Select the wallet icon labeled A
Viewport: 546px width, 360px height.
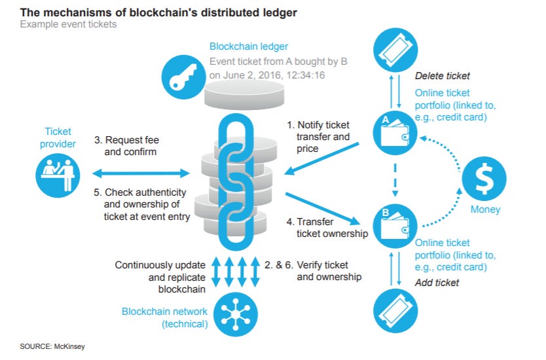tap(395, 130)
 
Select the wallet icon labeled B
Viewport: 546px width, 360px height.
tap(395, 222)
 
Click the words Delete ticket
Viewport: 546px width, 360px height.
tap(443, 76)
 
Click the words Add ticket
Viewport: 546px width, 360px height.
tap(438, 283)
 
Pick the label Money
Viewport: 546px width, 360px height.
tap(485, 209)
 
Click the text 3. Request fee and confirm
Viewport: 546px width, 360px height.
tap(131, 146)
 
